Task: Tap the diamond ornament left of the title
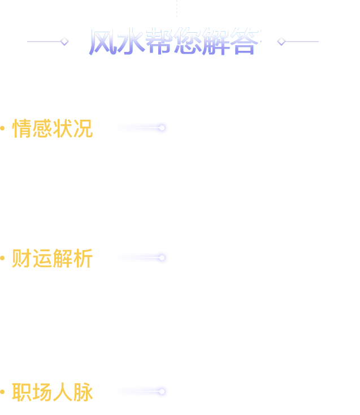point(64,41)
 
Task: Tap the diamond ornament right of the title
point(281,41)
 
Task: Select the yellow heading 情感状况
point(53,129)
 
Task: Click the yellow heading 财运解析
point(53,259)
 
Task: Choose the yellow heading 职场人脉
point(53,392)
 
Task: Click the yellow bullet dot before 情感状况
point(3,129)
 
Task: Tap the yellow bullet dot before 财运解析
point(3,259)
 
